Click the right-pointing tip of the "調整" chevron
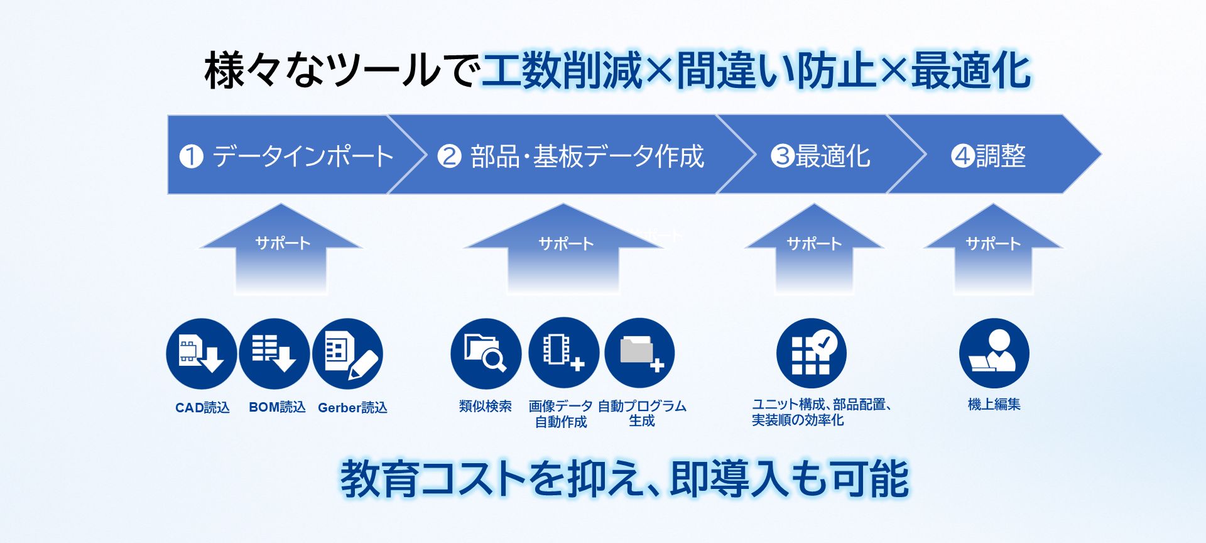(1101, 154)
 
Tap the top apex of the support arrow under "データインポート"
(281, 204)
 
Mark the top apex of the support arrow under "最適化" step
(814, 204)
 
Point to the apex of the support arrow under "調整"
(993, 204)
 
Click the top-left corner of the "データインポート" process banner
(168, 115)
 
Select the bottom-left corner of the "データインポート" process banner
(168, 194)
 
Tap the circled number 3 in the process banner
(783, 155)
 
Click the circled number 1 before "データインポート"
(191, 156)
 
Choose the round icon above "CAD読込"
(201, 353)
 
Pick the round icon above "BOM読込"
(274, 353)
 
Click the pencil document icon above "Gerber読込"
(347, 353)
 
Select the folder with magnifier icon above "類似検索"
(486, 353)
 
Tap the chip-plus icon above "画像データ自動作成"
(563, 353)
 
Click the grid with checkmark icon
(811, 353)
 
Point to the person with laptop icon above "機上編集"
(994, 353)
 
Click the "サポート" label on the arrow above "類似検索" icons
(566, 243)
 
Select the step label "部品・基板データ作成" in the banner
(587, 156)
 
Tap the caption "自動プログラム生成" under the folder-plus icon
(642, 413)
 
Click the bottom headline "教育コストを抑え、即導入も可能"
(624, 479)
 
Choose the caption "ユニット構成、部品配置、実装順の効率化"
(822, 412)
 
